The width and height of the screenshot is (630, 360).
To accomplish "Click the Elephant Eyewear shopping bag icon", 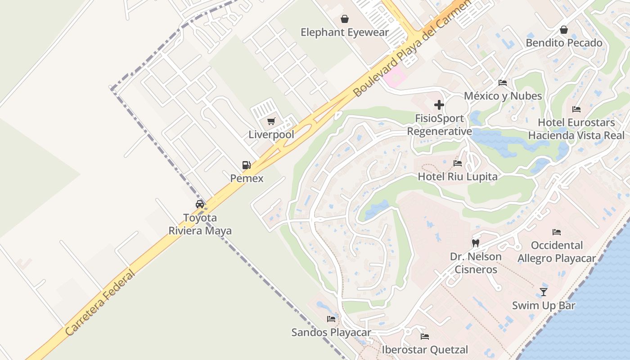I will [x=344, y=19].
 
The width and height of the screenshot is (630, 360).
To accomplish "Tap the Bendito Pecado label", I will [x=564, y=43].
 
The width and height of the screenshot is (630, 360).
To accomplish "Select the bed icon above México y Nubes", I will [x=503, y=83].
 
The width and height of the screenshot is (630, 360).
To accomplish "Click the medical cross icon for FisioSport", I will [x=439, y=105].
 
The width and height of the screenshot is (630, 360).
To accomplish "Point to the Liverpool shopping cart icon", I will [x=271, y=121].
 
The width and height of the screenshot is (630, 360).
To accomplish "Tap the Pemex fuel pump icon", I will [x=246, y=165].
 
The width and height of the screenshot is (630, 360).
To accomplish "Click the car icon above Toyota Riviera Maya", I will [x=200, y=204].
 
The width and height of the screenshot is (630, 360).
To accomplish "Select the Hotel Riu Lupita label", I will [x=458, y=176].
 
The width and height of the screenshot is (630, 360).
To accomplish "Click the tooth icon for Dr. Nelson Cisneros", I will [x=475, y=243].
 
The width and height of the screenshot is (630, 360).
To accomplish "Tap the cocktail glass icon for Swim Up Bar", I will [x=544, y=292].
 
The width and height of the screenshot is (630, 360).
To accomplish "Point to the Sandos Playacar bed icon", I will [x=331, y=319].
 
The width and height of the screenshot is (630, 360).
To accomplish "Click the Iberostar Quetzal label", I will [x=425, y=350].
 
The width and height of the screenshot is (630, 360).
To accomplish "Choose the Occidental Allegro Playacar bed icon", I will [x=557, y=232].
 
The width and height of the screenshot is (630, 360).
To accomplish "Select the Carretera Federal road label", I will [x=100, y=302].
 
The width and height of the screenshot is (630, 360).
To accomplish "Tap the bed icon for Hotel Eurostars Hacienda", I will [x=576, y=109].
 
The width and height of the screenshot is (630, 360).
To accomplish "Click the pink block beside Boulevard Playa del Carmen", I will [x=394, y=76].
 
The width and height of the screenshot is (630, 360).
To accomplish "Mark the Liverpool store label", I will [x=271, y=135].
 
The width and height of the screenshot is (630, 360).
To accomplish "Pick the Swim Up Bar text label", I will [x=544, y=306].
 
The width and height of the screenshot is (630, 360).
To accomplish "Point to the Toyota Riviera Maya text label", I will [x=200, y=224].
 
